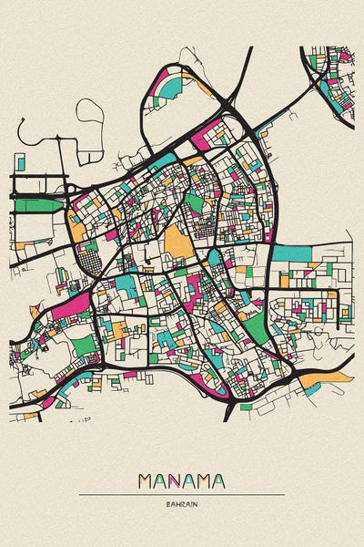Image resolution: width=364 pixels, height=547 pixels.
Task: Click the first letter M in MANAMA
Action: click(147, 480)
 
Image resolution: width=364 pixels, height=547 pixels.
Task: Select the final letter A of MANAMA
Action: click(218, 480)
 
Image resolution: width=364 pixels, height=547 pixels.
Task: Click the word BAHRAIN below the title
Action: click(182, 503)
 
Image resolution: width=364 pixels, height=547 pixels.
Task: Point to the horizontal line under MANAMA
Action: click(182, 494)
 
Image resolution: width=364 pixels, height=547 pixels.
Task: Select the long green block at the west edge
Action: click(36, 205)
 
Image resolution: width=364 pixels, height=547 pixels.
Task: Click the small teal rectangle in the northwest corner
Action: click(19, 162)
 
